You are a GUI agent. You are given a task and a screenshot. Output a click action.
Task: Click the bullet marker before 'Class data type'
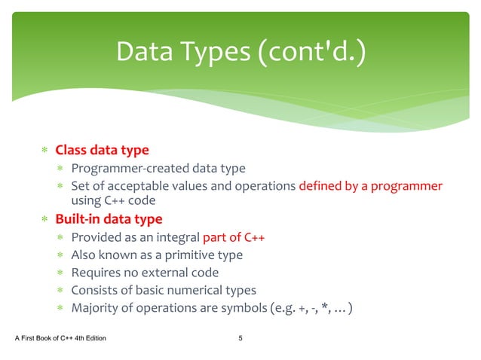pos(44,150)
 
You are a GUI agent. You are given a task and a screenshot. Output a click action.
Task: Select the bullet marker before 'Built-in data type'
pos(44,220)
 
